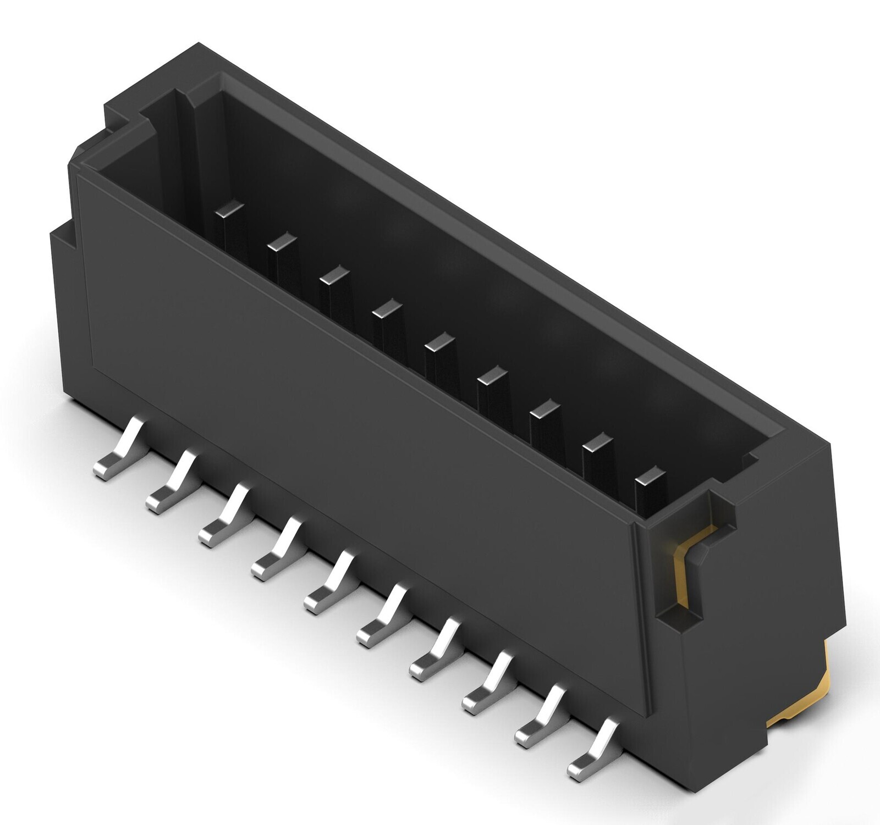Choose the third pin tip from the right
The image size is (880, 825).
point(544,408)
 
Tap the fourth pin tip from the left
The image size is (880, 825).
point(387,308)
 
